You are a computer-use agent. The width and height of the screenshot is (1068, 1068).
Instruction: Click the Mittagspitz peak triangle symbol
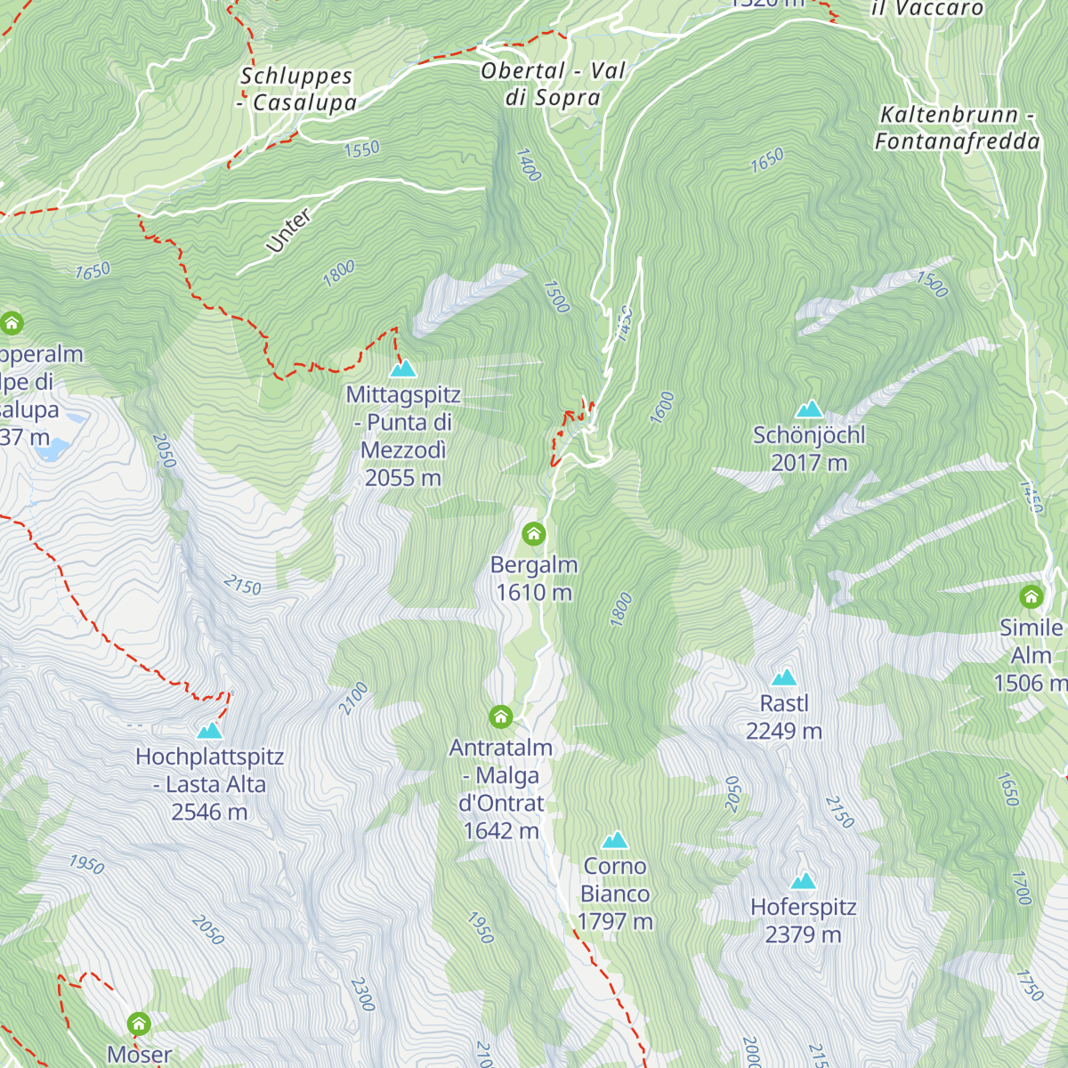(x=403, y=368)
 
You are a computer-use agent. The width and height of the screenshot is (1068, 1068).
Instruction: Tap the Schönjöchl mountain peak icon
(x=809, y=409)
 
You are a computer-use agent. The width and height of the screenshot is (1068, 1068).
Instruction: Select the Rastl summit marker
(x=784, y=677)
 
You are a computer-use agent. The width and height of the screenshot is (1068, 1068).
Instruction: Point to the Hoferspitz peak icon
(x=804, y=881)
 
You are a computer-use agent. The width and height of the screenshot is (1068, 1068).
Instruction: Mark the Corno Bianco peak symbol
(x=615, y=840)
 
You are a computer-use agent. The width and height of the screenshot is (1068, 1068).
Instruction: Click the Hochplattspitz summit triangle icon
(x=210, y=731)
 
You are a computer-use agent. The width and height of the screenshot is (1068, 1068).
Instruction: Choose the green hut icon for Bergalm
(x=533, y=534)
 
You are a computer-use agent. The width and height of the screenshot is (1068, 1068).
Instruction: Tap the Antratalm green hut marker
(x=501, y=716)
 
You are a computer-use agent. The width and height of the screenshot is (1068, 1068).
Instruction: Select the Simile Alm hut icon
(x=1031, y=596)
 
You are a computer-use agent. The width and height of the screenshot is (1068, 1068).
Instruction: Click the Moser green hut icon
(x=139, y=1023)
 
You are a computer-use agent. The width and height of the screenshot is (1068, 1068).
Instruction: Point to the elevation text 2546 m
(x=209, y=812)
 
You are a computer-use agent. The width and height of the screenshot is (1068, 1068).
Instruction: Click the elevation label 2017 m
(x=809, y=463)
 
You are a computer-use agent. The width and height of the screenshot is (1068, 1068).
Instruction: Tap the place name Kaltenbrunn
(x=949, y=115)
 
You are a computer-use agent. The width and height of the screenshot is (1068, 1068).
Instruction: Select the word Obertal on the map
(x=523, y=71)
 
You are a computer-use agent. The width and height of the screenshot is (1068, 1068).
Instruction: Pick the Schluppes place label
(x=296, y=77)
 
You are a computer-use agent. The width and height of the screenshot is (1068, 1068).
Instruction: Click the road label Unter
(x=288, y=231)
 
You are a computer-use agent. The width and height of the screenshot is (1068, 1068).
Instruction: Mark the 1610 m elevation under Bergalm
(x=534, y=593)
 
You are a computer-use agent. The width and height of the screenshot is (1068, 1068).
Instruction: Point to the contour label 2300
(x=362, y=994)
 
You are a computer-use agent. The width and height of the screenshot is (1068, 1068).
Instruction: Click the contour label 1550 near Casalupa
(x=361, y=149)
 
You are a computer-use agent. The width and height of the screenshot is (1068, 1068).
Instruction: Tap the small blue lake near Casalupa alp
(x=53, y=448)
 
